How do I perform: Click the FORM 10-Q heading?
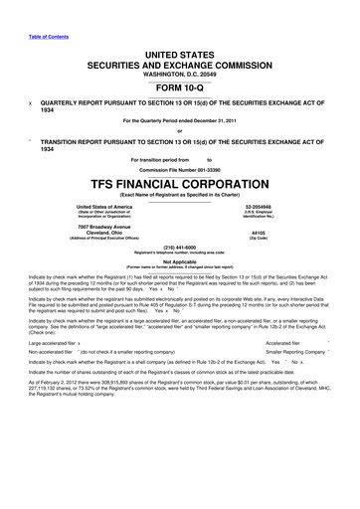coord(179,86)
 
